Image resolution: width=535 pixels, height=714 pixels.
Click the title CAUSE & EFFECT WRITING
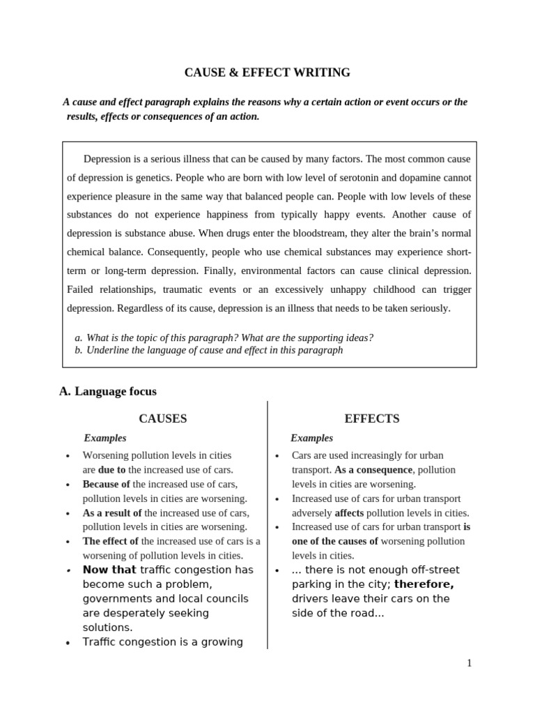coord(267,73)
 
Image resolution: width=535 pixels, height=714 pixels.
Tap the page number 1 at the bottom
coord(470,663)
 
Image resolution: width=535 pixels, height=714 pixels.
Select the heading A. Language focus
coord(108,392)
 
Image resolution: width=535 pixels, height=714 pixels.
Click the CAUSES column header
coord(162,418)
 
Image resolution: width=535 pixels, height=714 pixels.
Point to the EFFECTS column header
coord(372,418)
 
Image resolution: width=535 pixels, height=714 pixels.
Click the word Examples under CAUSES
coord(105,438)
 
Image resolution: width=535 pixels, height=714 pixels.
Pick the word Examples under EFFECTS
coord(311,438)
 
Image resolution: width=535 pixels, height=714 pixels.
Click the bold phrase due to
coord(111,470)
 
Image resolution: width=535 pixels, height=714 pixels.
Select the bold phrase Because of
coord(106,484)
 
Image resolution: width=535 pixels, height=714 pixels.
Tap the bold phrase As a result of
coord(112,512)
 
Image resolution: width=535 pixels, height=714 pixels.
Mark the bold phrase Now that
coord(109,570)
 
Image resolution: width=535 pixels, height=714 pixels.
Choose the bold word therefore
coord(424,584)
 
